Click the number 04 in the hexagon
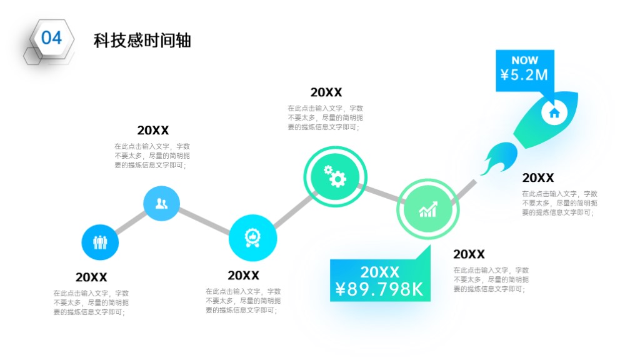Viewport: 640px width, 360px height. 51,38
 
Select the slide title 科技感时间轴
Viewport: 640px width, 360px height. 142,41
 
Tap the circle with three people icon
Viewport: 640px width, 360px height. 100,242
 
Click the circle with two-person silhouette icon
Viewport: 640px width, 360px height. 162,203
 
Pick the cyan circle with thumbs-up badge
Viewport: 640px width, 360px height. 252,237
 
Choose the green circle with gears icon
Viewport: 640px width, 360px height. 335,176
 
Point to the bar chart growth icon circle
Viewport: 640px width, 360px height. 427,209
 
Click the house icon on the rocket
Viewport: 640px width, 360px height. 554,113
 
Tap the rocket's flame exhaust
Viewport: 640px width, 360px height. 499,158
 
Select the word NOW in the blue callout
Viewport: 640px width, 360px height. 525,61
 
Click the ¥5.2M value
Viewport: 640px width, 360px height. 524,75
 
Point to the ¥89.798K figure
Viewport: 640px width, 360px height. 379,289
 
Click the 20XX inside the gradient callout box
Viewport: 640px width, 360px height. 379,272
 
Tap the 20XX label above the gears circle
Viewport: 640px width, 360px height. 326,92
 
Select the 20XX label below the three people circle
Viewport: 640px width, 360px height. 91,277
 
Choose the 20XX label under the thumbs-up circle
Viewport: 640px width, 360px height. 243,276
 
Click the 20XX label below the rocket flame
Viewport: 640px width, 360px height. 538,178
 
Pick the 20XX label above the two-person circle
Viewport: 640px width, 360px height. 152,130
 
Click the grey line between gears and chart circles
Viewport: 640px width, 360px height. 381,194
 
